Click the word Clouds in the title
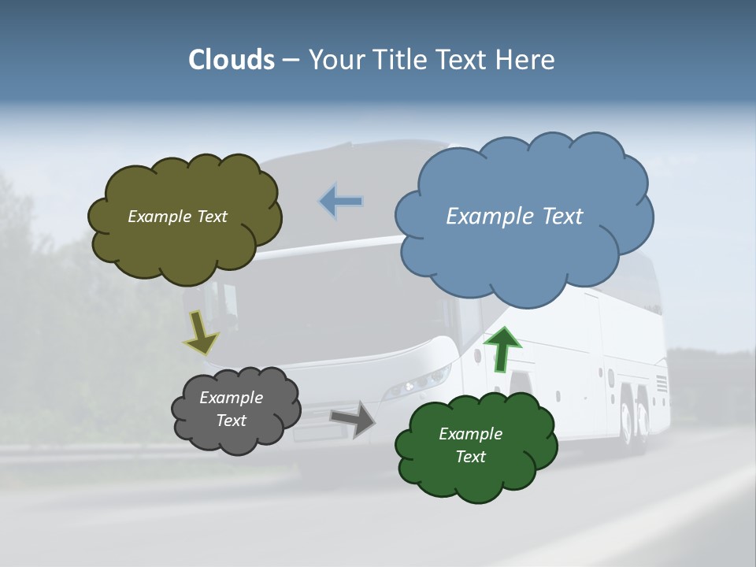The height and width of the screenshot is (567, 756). click(232, 60)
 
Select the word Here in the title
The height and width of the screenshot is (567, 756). click(527, 60)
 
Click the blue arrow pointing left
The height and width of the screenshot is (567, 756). click(341, 202)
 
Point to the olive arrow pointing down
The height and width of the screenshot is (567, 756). click(201, 333)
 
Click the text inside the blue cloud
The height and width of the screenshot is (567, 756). click(514, 216)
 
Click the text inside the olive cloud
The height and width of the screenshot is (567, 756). click(177, 217)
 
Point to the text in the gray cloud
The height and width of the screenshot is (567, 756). click(231, 409)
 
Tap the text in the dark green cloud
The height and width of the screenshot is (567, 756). click(470, 445)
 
